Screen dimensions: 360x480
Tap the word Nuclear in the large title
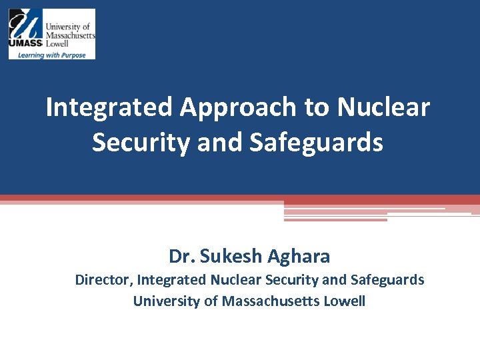click(x=383, y=107)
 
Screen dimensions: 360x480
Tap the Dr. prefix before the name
click(x=182, y=256)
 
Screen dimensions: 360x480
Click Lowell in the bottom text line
click(x=344, y=301)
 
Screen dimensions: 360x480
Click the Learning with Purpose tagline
click(x=52, y=55)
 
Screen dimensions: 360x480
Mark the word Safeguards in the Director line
click(x=388, y=280)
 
